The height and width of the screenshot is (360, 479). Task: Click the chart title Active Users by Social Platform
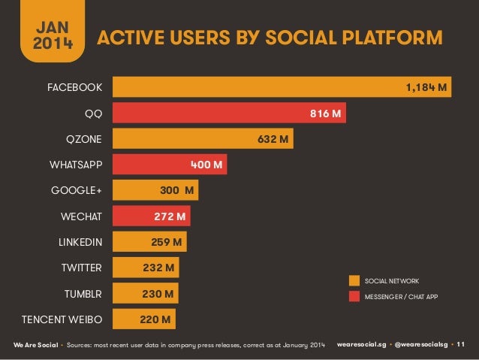click(x=271, y=38)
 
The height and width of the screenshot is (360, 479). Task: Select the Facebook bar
click(x=282, y=88)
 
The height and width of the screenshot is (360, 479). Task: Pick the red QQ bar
click(x=229, y=114)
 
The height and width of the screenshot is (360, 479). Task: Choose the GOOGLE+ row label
click(x=77, y=191)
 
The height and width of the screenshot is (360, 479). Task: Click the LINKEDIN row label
click(x=80, y=243)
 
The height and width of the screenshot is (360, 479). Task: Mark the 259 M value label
click(x=166, y=243)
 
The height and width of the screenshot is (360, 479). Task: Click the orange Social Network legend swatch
click(x=354, y=280)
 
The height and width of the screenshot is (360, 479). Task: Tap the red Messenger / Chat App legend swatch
click(x=354, y=296)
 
